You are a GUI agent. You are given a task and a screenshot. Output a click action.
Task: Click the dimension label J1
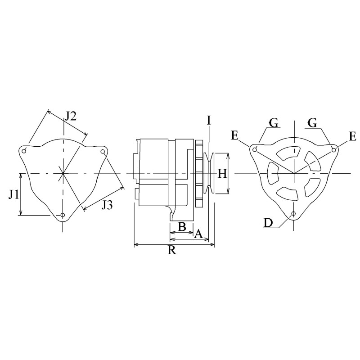[13, 194]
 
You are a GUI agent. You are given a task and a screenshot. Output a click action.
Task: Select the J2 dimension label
[70, 116]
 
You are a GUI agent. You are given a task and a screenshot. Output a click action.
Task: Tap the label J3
[107, 205]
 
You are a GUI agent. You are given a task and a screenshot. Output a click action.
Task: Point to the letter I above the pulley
[209, 120]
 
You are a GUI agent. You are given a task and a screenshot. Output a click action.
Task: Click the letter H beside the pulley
[222, 174]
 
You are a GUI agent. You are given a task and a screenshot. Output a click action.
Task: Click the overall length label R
[171, 251]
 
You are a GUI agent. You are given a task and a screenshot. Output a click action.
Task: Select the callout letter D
[267, 222]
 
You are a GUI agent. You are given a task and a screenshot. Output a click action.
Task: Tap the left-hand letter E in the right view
[235, 135]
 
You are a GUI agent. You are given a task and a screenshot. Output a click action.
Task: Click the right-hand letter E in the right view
[352, 135]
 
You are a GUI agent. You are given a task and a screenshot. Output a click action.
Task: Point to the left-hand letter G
[273, 122]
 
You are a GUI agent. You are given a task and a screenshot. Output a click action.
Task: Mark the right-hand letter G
[312, 122]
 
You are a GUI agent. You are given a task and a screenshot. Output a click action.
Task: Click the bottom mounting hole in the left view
[63, 215]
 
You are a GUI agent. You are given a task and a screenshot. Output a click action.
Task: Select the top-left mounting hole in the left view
[25, 150]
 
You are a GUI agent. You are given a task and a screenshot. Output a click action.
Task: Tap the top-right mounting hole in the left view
[103, 153]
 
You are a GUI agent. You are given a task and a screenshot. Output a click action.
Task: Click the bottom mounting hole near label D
[293, 213]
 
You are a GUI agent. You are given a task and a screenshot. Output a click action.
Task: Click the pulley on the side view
[209, 173]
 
